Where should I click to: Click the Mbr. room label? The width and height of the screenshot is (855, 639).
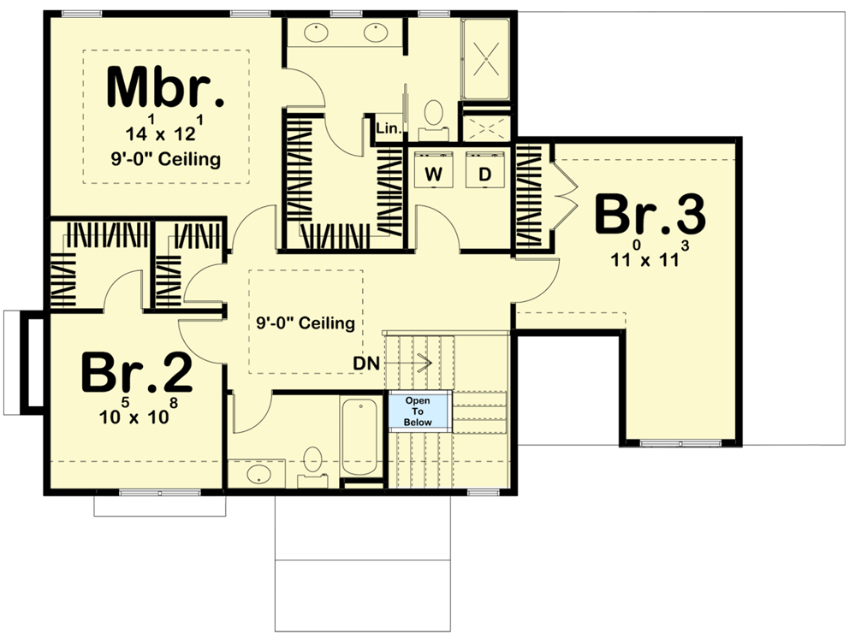[166, 88]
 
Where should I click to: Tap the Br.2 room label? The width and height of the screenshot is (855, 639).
[137, 373]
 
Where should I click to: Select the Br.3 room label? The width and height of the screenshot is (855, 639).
[650, 215]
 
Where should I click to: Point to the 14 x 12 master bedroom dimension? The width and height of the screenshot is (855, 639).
[166, 133]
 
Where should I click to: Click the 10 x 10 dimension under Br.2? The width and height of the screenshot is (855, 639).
[137, 418]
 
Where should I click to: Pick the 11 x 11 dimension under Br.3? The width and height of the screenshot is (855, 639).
[650, 258]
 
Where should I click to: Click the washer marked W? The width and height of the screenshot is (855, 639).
[434, 174]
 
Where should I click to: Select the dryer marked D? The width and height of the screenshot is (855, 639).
[484, 174]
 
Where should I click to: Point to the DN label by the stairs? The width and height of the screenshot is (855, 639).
[366, 363]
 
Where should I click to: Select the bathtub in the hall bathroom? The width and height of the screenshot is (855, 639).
[360, 438]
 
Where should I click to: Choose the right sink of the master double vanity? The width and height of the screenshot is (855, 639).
[377, 33]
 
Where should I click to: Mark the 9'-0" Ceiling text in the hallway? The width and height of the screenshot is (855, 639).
[306, 323]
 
